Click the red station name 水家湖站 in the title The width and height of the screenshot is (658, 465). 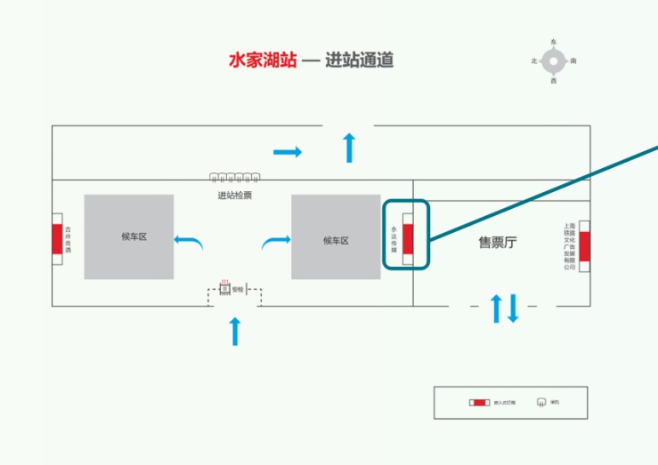click(x=263, y=60)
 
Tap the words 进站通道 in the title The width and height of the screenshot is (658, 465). click(x=359, y=60)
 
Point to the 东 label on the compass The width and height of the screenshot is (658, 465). click(x=554, y=42)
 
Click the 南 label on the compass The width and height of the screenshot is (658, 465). click(x=573, y=60)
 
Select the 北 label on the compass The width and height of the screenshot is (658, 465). click(x=534, y=60)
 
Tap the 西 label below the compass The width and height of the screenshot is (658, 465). click(x=554, y=81)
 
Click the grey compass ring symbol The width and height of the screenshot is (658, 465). click(x=554, y=60)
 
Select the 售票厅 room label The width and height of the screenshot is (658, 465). click(x=497, y=242)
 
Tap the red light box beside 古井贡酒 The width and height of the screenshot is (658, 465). click(x=57, y=239)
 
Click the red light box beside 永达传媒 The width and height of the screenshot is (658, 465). click(x=408, y=239)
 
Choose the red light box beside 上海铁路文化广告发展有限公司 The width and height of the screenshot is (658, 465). click(x=584, y=245)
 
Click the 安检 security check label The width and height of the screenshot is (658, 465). click(x=238, y=288)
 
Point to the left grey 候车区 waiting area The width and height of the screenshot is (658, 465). click(x=129, y=237)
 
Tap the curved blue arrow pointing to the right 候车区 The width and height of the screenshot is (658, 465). click(x=276, y=240)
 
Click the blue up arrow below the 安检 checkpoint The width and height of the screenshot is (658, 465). click(x=235, y=331)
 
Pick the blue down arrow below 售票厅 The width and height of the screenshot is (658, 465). click(x=512, y=309)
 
